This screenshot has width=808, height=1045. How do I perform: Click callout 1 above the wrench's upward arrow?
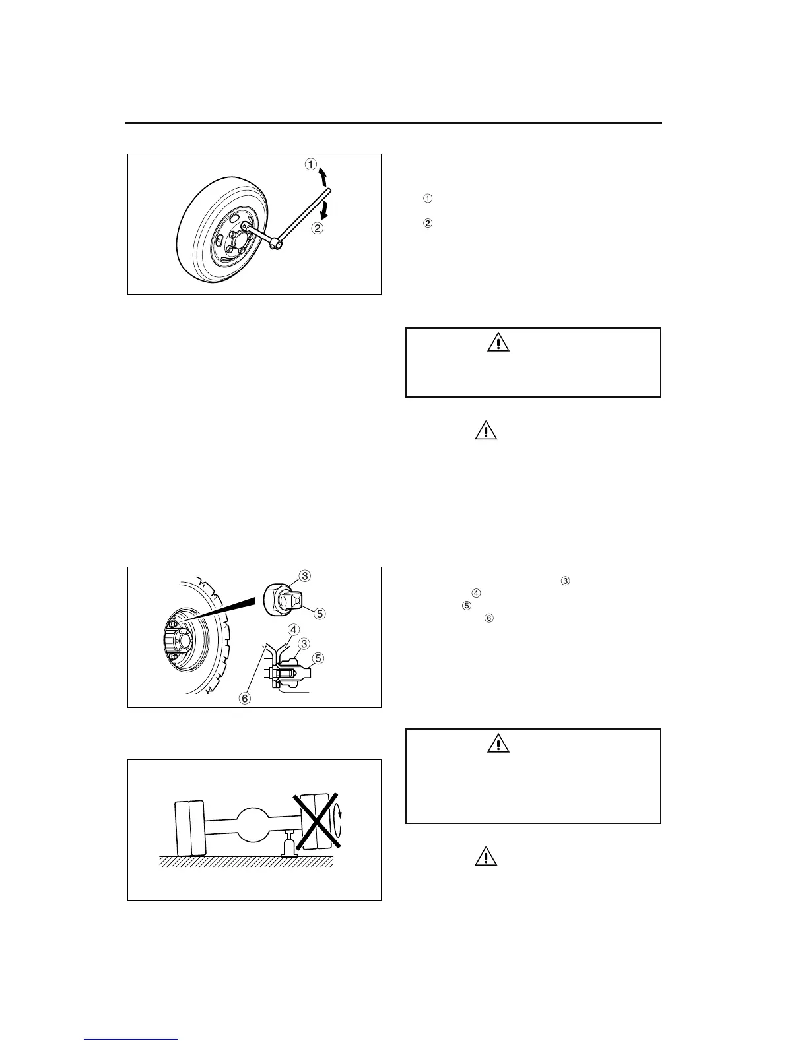coord(311,164)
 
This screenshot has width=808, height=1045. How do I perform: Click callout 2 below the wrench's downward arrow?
coord(318,229)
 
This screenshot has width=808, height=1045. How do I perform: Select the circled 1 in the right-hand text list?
coord(427,199)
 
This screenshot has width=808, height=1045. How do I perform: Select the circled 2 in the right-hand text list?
coord(427,224)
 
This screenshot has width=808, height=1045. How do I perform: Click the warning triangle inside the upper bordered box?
coord(498,342)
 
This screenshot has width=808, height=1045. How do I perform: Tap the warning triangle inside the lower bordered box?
coord(498,744)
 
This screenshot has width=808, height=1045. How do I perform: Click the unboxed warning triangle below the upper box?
coord(485,431)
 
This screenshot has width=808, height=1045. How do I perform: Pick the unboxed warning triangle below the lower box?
coord(485,856)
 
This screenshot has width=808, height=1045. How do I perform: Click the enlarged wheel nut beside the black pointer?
coord(281,599)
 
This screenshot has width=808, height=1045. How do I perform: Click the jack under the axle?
coord(288,844)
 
